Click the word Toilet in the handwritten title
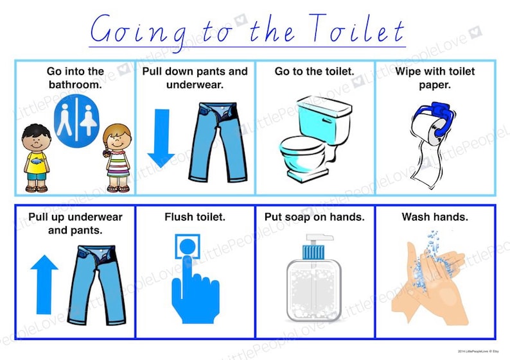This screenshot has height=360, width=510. pyautogui.click(x=356, y=30)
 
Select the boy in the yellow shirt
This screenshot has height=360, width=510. pyautogui.click(x=36, y=157)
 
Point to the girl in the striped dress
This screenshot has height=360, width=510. pyautogui.click(x=118, y=158)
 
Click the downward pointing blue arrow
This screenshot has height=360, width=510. pyautogui.click(x=161, y=137)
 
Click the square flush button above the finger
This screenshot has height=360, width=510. pyautogui.click(x=188, y=246)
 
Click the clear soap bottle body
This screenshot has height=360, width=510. pyautogui.click(x=313, y=292)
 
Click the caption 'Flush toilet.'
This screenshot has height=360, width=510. pyautogui.click(x=195, y=217)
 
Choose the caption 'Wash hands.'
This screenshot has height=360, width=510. pyautogui.click(x=435, y=217)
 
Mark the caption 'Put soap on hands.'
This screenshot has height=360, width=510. pyautogui.click(x=314, y=217)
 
